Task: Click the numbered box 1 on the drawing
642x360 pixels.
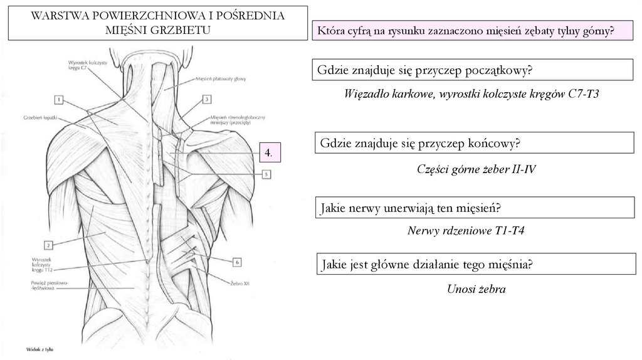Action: tap(58, 99)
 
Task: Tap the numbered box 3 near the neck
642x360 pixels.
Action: tap(206, 99)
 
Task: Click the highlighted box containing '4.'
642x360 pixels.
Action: tap(268, 152)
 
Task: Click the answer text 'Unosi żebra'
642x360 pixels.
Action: tap(476, 289)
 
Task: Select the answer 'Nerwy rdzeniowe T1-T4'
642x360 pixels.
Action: tap(466, 231)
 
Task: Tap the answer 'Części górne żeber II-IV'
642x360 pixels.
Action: tap(476, 169)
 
